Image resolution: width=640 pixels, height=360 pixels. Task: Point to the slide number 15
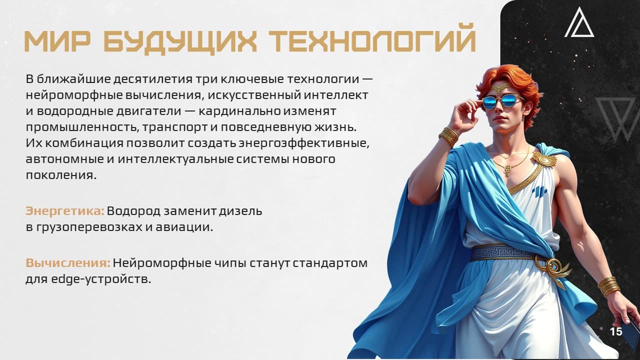point(616,331)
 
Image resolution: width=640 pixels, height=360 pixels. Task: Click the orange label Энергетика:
point(65,211)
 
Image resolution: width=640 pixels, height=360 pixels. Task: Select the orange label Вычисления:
point(68,263)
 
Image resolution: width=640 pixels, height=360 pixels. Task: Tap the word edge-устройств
point(101,279)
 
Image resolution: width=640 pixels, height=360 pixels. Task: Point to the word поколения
point(61,175)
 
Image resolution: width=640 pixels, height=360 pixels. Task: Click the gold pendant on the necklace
point(507,170)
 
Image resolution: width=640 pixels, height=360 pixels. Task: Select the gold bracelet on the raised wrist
point(449,136)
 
